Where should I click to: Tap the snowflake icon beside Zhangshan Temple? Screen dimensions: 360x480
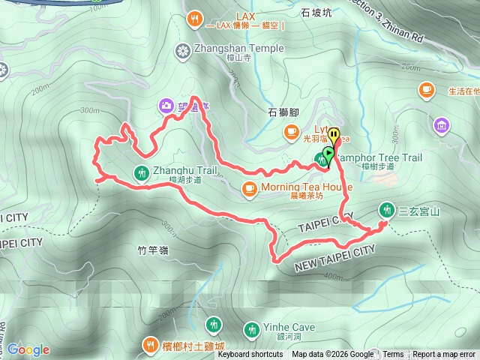[183, 51]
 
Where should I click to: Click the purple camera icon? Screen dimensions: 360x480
[165, 106]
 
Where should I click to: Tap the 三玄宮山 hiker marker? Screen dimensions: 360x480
[386, 210]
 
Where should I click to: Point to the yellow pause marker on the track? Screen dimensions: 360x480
[333, 136]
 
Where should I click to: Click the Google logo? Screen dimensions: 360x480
[28, 349]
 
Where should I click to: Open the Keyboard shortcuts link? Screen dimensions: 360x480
[250, 355]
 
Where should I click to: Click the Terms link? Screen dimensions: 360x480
[393, 355]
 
